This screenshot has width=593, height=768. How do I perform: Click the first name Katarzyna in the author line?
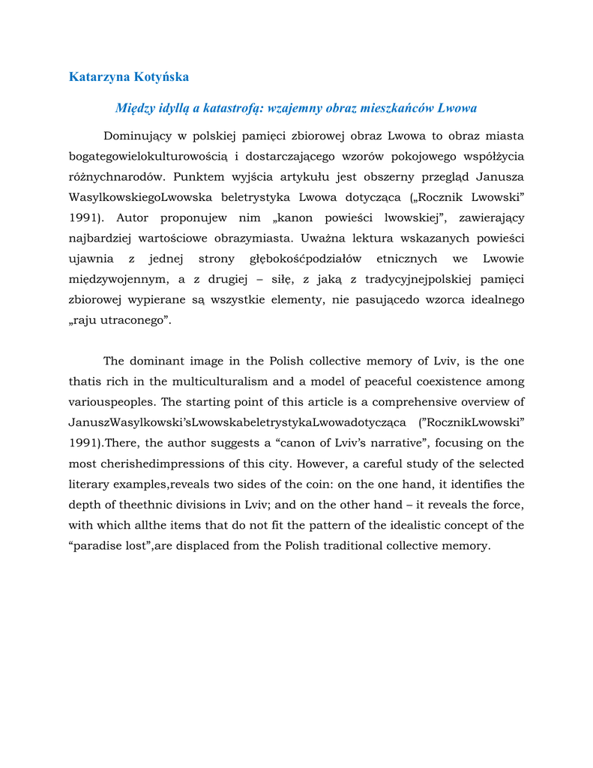pyautogui.click(x=100, y=77)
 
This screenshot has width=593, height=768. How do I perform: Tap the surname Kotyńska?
pyautogui.click(x=161, y=77)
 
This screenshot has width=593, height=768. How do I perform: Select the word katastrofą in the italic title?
pyautogui.click(x=230, y=108)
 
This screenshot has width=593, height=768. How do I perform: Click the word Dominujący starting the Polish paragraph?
pyautogui.click(x=138, y=136)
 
